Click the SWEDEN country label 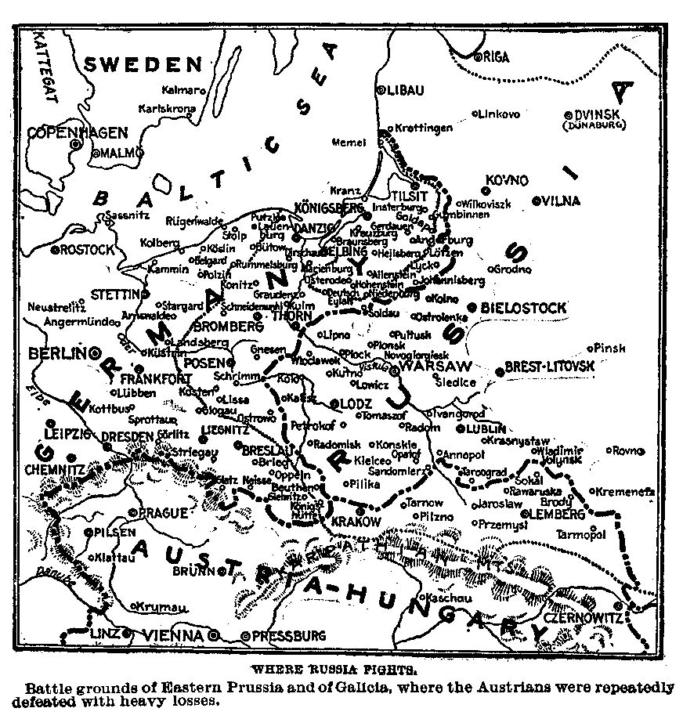click(x=143, y=64)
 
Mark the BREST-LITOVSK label click(x=550, y=366)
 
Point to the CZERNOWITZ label click(x=581, y=618)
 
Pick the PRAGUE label click(x=162, y=513)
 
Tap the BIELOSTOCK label click(x=523, y=309)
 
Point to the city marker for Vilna click(x=537, y=201)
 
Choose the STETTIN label click(x=114, y=294)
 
